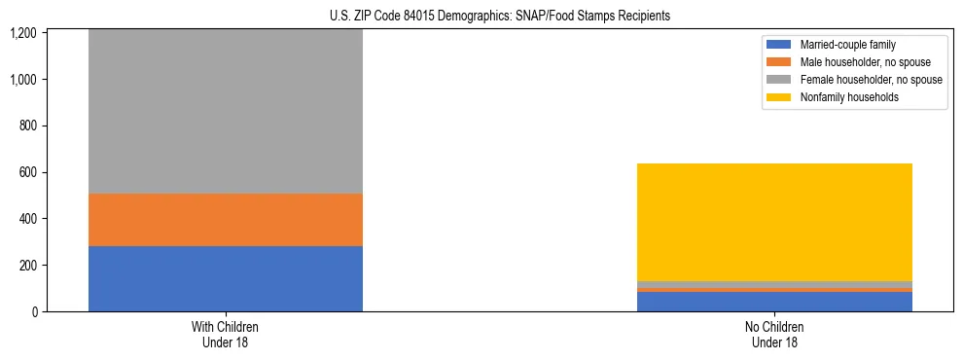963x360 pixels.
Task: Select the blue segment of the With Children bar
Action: tap(226, 278)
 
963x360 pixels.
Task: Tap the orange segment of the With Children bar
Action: tap(226, 220)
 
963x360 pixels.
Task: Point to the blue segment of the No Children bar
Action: tap(774, 302)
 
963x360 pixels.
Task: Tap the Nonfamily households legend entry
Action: tap(842, 97)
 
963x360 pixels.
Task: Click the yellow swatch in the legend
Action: tap(779, 97)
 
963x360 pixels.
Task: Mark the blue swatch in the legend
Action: tap(779, 45)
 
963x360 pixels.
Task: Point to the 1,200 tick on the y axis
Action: tap(23, 33)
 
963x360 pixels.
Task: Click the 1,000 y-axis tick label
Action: tap(23, 80)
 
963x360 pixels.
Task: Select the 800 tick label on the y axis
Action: tap(27, 126)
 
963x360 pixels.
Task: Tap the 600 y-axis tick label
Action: tap(27, 172)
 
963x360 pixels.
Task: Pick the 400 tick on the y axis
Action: tap(27, 219)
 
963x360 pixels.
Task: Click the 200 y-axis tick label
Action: tap(27, 266)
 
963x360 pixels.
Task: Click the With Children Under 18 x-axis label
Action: tap(226, 334)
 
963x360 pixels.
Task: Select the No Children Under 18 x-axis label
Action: tap(774, 334)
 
